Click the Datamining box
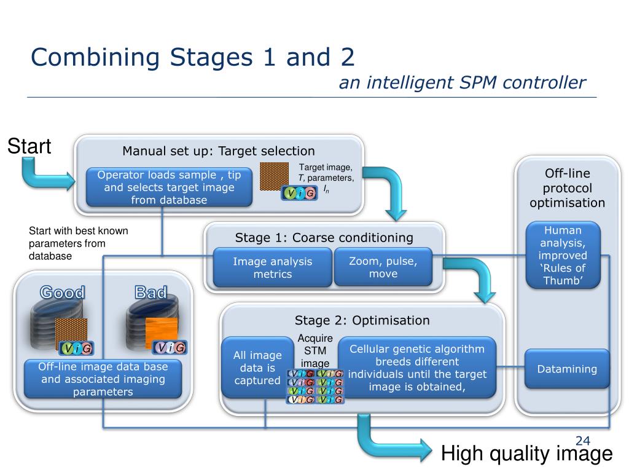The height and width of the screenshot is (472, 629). point(567,369)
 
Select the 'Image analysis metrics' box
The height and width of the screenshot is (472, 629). point(272,267)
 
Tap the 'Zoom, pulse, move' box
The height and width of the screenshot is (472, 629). point(383,267)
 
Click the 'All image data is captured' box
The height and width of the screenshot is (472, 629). point(257,368)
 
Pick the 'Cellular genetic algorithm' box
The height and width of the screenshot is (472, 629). point(417,368)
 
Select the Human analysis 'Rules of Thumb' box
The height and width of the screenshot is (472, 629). point(563,255)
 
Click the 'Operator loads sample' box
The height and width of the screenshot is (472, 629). point(169,187)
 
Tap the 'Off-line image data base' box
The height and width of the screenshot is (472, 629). point(103,379)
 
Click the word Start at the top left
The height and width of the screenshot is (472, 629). point(29,146)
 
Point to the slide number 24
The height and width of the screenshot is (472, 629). point(582,441)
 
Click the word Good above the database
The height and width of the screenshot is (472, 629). point(62,292)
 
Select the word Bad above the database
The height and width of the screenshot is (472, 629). point(150,292)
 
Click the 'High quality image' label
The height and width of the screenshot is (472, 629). point(526,454)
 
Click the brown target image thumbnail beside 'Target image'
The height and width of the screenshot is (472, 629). point(275,176)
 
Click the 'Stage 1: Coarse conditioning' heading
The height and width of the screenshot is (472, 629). point(324,238)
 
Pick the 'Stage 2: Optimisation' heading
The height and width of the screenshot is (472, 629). point(362,320)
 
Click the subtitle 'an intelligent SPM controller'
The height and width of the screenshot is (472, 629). point(462,83)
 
